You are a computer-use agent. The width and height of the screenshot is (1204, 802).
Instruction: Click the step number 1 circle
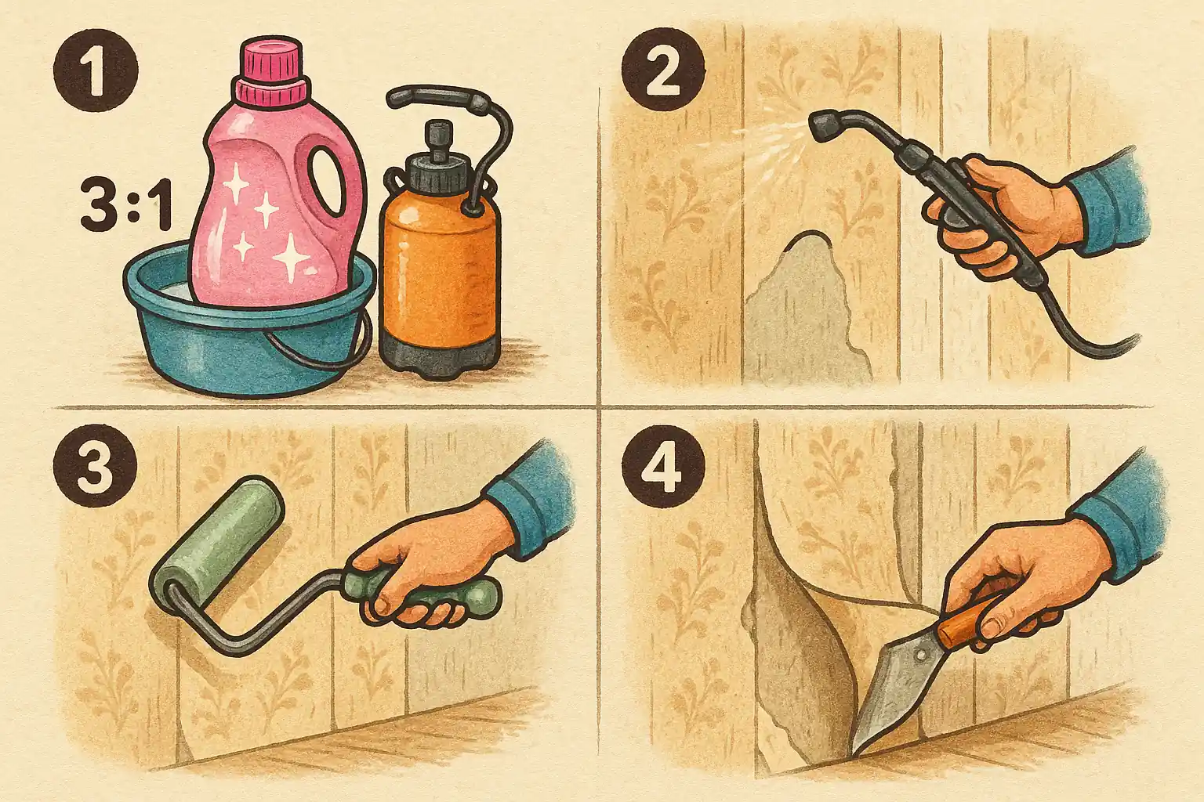point(96,70)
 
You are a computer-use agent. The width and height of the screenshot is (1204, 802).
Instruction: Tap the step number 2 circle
point(662,70)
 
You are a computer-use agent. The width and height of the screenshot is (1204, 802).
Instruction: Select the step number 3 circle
point(95,465)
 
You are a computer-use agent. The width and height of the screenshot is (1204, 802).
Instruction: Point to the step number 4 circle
point(662,465)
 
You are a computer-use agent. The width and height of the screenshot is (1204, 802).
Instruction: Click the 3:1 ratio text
point(126,205)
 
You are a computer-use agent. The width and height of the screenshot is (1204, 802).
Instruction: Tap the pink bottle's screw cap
point(272,69)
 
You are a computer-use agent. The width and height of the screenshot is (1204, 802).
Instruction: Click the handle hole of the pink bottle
point(326,181)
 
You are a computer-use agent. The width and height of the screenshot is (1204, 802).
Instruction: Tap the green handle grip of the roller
point(425,594)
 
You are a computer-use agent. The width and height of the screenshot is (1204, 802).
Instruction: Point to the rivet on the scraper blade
point(920,655)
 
